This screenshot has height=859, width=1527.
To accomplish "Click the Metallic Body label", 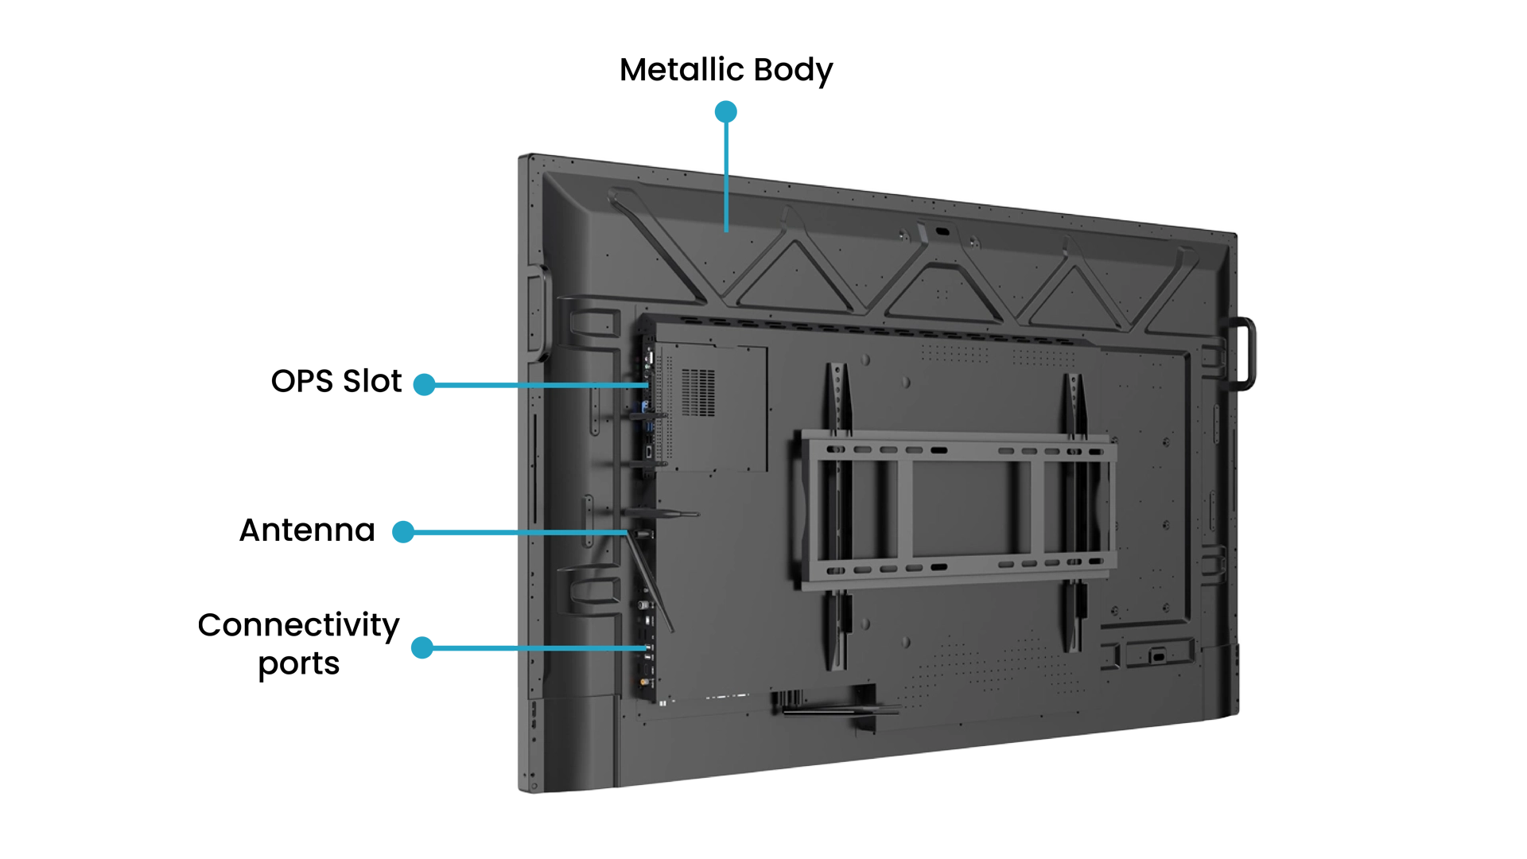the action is [726, 70].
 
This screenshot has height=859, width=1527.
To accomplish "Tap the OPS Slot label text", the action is [336, 381].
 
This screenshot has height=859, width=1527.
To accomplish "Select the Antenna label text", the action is [307, 530].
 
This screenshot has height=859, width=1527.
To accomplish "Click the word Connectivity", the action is [298, 626].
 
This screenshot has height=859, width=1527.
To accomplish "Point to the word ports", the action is [299, 664].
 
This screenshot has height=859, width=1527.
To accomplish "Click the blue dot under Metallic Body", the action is [725, 112].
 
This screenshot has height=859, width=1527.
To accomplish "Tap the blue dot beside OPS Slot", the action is [425, 385].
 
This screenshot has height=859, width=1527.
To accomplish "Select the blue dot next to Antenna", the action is [404, 532].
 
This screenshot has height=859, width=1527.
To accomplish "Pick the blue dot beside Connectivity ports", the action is [422, 647].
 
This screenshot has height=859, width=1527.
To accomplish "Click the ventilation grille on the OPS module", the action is [697, 392].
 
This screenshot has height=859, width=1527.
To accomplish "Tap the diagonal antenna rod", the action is [651, 581].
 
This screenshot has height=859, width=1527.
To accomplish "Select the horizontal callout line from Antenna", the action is [520, 532].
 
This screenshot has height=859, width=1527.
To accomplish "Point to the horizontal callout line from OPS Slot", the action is [542, 385].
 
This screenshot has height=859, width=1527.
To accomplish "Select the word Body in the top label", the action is [793, 71].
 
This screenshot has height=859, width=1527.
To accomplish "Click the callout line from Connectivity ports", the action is [540, 648].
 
